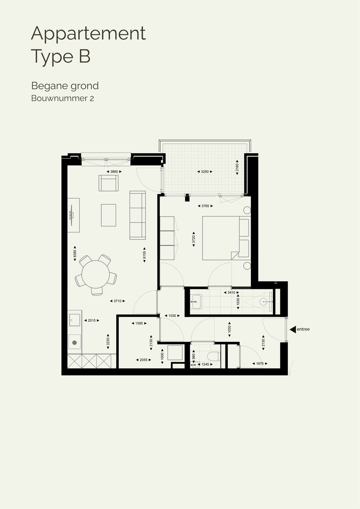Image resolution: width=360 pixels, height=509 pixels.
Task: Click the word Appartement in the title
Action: [x=88, y=34]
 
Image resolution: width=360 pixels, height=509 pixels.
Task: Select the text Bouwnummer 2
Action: [x=62, y=98]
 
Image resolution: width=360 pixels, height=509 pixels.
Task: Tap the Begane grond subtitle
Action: [x=65, y=86]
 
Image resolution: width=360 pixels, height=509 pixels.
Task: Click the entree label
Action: [x=303, y=329]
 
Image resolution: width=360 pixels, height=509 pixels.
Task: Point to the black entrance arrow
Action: [x=293, y=330]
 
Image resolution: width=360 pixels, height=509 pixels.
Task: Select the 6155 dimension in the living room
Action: [x=144, y=255]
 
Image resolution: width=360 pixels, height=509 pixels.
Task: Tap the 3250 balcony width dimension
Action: [x=205, y=172]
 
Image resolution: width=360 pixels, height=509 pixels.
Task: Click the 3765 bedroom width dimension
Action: [x=205, y=206]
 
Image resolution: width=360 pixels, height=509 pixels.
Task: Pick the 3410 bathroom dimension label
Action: [x=231, y=293]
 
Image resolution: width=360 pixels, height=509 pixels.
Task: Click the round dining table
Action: [x=96, y=274]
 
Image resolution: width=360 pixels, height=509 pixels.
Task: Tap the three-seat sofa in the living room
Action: [x=138, y=215]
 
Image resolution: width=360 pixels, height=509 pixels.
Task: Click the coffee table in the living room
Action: [x=108, y=215]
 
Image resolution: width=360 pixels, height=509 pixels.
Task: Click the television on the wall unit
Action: [x=71, y=215]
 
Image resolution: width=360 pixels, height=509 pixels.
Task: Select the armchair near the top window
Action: [x=108, y=183]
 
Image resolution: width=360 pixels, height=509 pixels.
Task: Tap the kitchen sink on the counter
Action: [x=74, y=320]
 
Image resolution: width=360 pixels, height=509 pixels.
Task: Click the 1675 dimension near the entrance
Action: [x=260, y=364]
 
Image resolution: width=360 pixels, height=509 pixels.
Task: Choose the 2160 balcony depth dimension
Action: [x=237, y=167]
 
